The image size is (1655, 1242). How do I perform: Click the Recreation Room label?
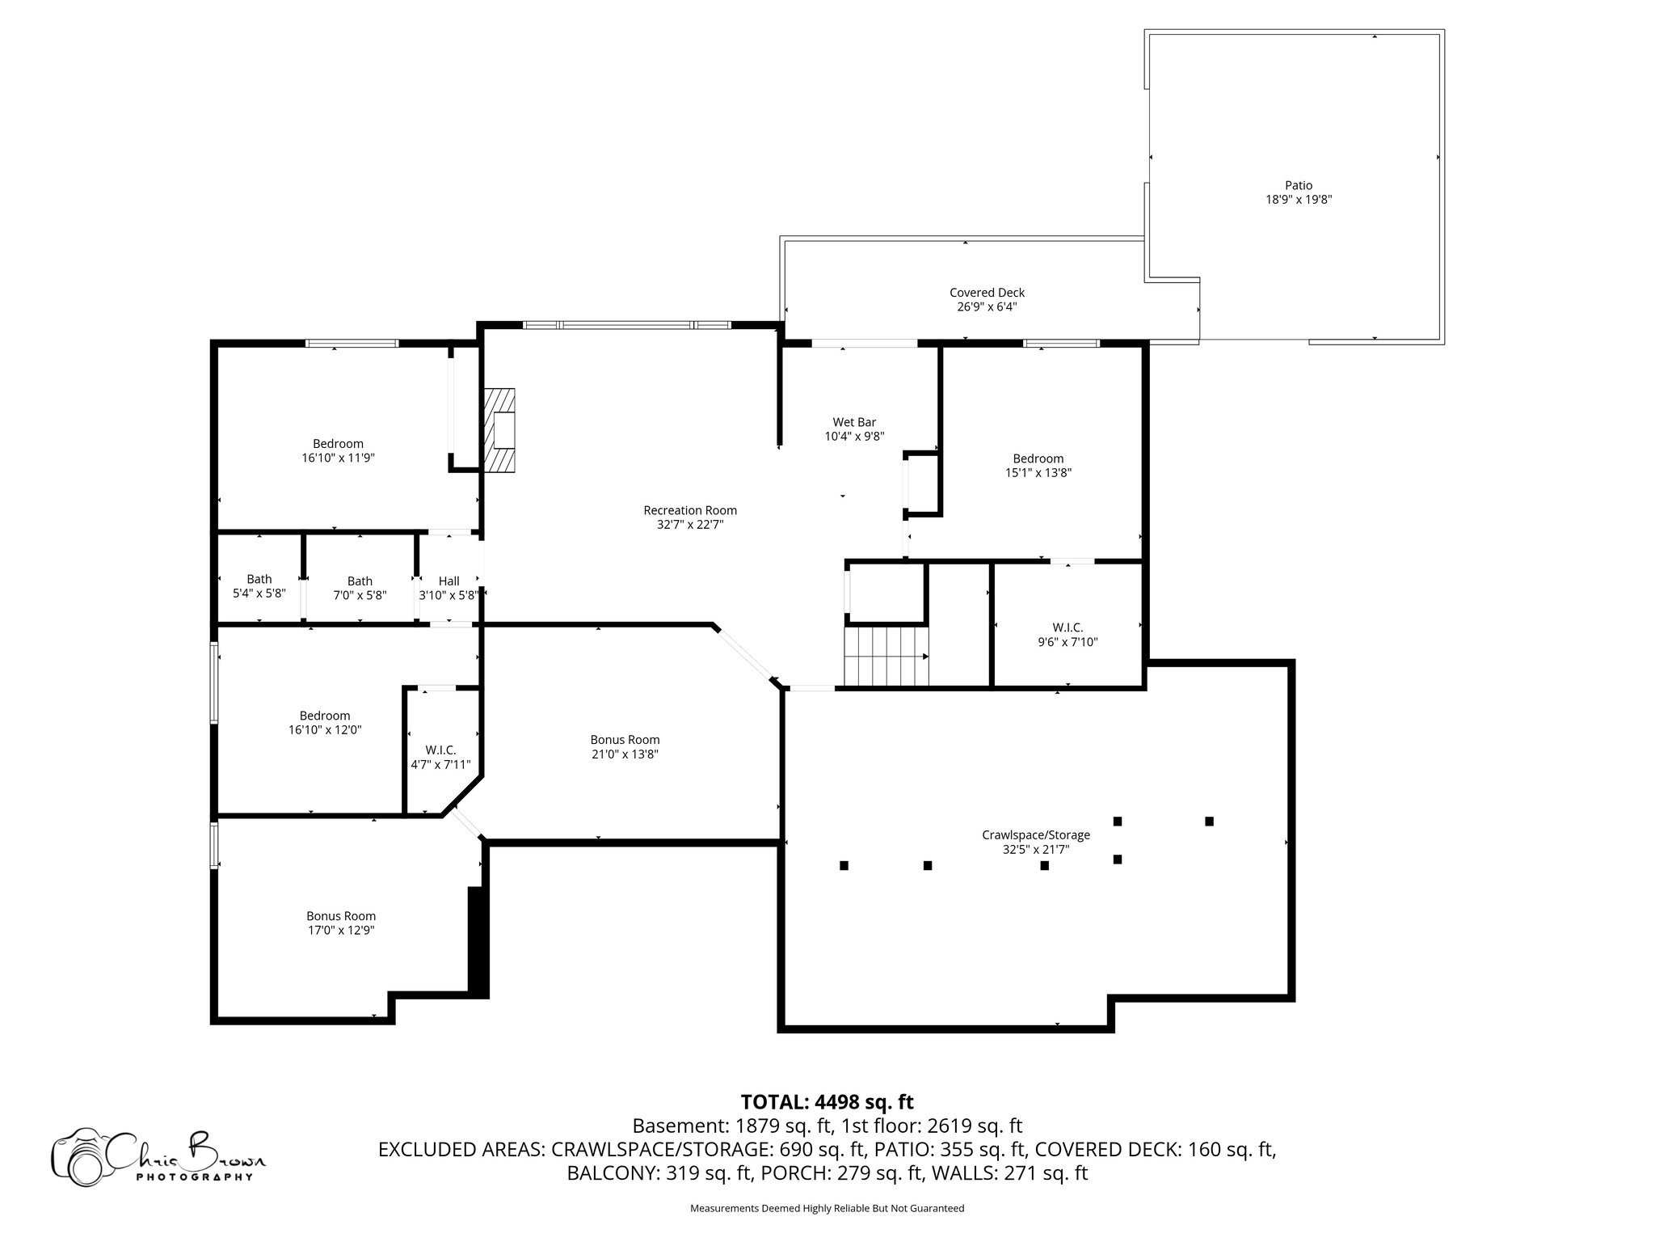click(689, 510)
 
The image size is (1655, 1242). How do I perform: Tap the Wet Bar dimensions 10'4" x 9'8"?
click(853, 437)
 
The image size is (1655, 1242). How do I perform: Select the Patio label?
click(1298, 185)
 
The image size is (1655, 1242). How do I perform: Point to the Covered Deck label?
click(986, 293)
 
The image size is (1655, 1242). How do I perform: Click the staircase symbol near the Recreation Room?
click(886, 656)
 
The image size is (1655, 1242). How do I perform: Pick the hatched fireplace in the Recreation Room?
click(501, 429)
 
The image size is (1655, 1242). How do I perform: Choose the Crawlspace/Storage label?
click(1035, 834)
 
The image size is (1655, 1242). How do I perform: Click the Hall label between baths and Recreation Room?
click(448, 581)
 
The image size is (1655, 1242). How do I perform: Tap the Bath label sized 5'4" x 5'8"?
click(259, 579)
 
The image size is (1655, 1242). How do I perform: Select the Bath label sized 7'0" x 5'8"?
click(360, 581)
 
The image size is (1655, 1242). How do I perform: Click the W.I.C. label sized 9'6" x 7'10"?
click(1067, 627)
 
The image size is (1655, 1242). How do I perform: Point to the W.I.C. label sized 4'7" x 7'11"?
click(440, 750)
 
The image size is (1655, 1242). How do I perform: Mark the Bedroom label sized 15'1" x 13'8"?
click(1038, 458)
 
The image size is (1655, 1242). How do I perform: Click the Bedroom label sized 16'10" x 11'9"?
click(338, 443)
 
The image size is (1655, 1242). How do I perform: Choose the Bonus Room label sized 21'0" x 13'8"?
click(624, 739)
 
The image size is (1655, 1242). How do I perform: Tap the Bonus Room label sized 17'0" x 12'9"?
click(340, 915)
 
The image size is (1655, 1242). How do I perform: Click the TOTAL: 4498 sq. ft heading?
click(826, 1102)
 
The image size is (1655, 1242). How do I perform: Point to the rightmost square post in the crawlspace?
click(1208, 822)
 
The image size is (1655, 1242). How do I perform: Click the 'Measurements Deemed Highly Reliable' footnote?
click(826, 1208)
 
